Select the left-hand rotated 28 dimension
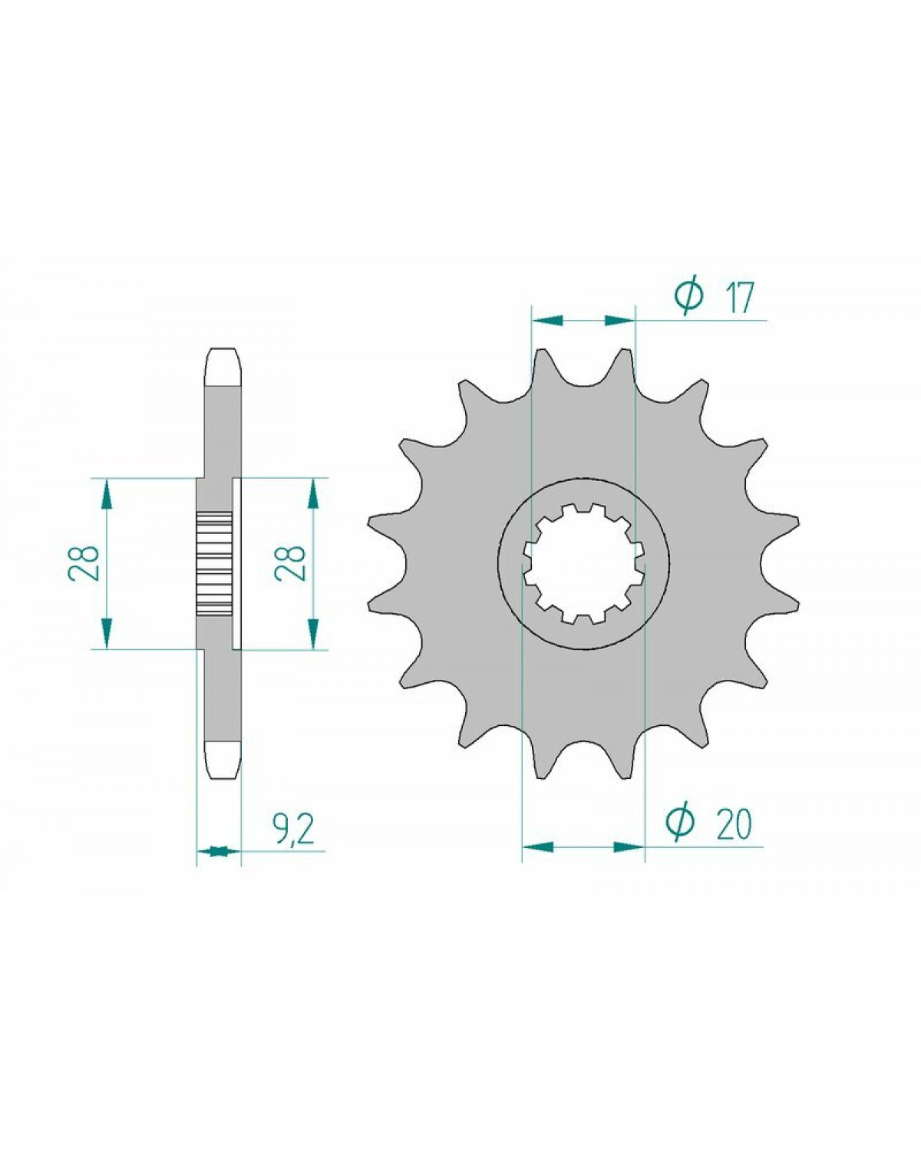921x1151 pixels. pyautogui.click(x=84, y=563)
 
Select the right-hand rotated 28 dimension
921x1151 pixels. pyautogui.click(x=291, y=563)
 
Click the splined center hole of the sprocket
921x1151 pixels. pyautogui.click(x=584, y=564)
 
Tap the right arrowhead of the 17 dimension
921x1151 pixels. pyautogui.click(x=619, y=321)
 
